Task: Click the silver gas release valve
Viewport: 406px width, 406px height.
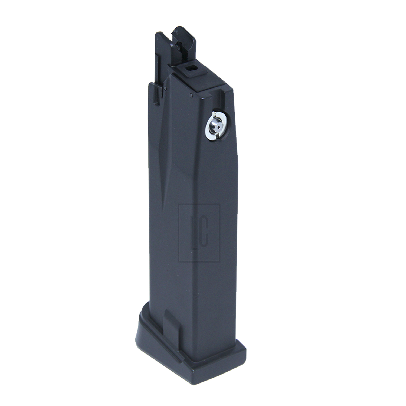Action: (x=217, y=126)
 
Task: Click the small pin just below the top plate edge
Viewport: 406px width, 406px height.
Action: (x=191, y=95)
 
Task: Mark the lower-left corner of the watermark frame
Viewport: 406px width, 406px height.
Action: (x=179, y=261)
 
